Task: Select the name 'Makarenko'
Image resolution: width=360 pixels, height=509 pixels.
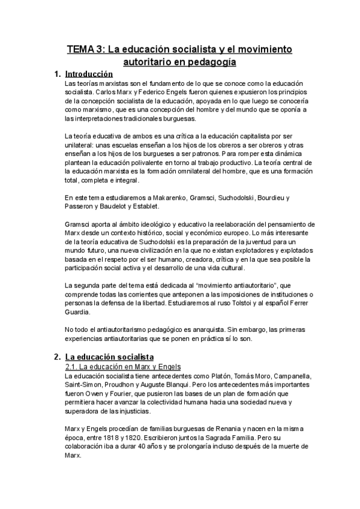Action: pyautogui.click(x=153, y=197)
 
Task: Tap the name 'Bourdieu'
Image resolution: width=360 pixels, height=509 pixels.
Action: pyautogui.click(x=272, y=197)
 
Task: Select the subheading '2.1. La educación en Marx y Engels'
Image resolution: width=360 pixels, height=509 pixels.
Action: pyautogui.click(x=123, y=366)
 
